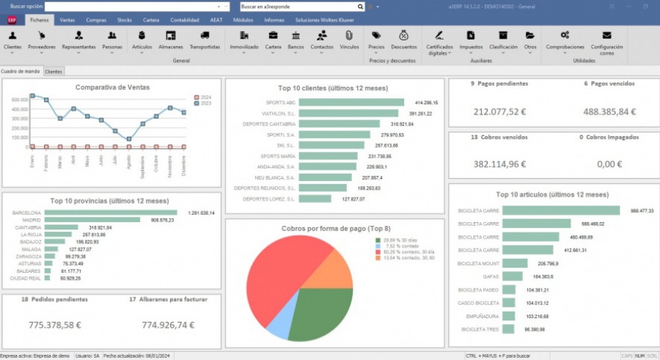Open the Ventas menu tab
67,20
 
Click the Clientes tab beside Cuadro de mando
54,71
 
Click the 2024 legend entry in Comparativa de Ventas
202,97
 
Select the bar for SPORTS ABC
352,103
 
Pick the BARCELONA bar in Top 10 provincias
114,213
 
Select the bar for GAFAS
512,276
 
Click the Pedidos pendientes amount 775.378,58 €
55,324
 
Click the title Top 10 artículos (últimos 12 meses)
552,194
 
